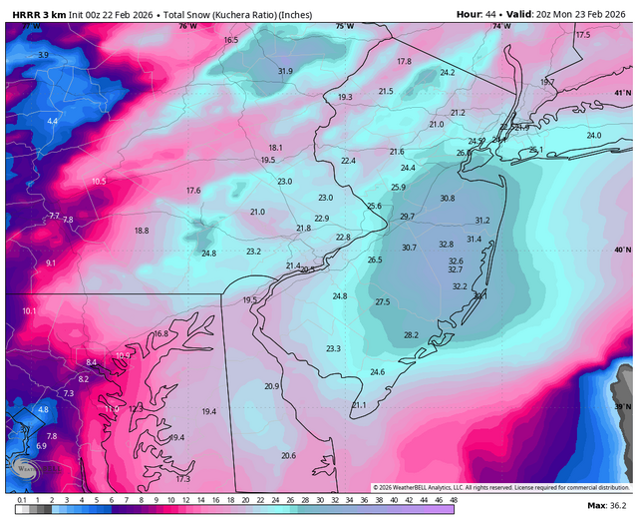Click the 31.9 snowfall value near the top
pyautogui.click(x=285, y=71)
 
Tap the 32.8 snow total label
pyautogui.click(x=446, y=245)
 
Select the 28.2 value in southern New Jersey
pyautogui.click(x=411, y=335)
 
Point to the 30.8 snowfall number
pyautogui.click(x=447, y=199)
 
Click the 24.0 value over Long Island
pyautogui.click(x=594, y=136)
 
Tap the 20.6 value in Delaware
pyautogui.click(x=288, y=455)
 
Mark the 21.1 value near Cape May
pyautogui.click(x=359, y=405)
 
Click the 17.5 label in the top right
pyautogui.click(x=582, y=35)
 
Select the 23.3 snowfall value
pyautogui.click(x=333, y=348)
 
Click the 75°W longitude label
pyautogui.click(x=344, y=26)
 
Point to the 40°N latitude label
pyautogui.click(x=622, y=250)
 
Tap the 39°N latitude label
pyautogui.click(x=622, y=407)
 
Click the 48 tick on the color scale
pyautogui.click(x=453, y=498)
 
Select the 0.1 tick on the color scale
pyautogui.click(x=21, y=498)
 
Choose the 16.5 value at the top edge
pyautogui.click(x=230, y=40)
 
